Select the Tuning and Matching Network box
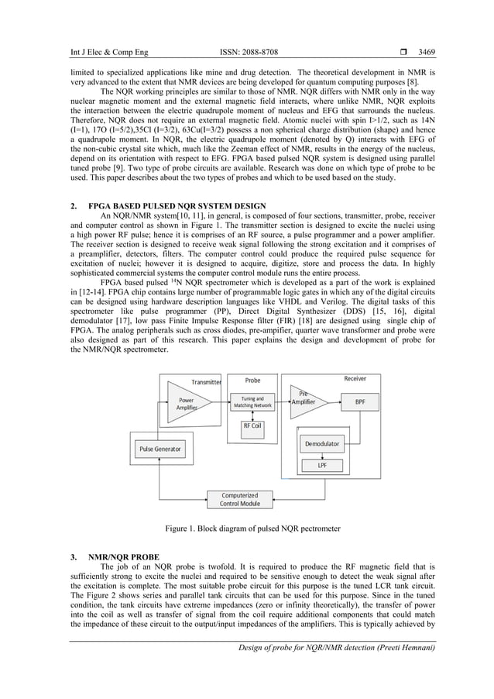pos(252,402)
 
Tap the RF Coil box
pos(252,426)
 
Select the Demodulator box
pos(322,444)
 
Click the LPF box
pos(322,466)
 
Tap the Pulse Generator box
pos(160,449)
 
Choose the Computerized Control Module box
pos(240,499)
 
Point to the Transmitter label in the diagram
pos(206,382)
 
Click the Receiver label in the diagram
pos(355,379)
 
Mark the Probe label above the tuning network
pos(253,380)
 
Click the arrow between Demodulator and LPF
pos(322,455)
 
